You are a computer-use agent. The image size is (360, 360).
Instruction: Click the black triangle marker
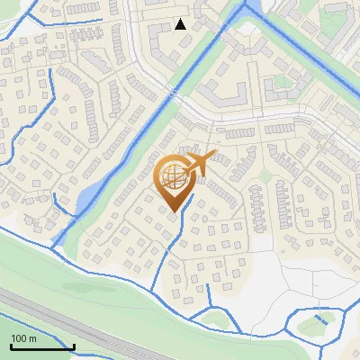point(181,24)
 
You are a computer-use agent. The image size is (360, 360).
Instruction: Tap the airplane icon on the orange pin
point(200,163)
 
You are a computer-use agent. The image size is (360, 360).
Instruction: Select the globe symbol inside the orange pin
point(174,176)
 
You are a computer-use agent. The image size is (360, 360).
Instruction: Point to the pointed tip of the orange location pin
point(175,211)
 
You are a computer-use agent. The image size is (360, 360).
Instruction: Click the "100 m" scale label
point(23,338)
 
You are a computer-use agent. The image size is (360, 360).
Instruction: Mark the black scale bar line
point(42,346)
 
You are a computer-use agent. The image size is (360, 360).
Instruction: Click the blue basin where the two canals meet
point(251,8)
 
